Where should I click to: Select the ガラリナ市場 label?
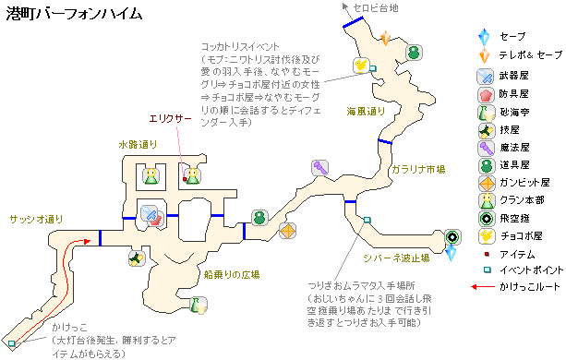(x=419, y=169)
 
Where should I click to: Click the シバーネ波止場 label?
(x=400, y=258)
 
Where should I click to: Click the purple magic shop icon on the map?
(x=320, y=168)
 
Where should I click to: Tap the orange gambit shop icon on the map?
(x=288, y=231)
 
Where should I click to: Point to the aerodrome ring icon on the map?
(x=452, y=236)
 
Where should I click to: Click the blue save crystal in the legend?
(x=482, y=35)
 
